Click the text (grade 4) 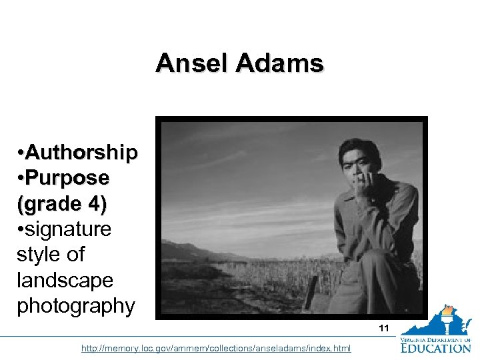pyautogui.click(x=61, y=203)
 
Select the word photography pyautogui.click(x=75, y=305)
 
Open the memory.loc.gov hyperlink pyautogui.click(x=216, y=349)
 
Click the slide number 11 pyautogui.click(x=383, y=328)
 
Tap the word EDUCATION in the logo pyautogui.click(x=437, y=347)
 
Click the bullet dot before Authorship pyautogui.click(x=21, y=154)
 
